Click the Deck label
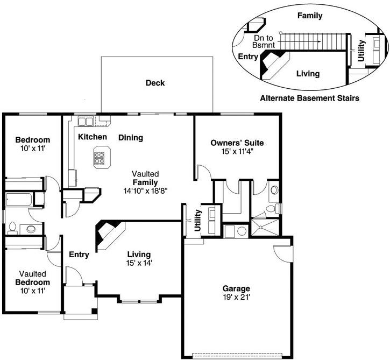(155, 83)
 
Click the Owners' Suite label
(237, 143)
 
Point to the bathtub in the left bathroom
(18, 200)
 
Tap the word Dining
(131, 137)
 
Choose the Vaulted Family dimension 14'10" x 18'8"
(146, 191)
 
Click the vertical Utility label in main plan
(198, 221)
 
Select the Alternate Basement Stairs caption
(309, 98)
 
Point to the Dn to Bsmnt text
(264, 42)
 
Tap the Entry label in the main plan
(79, 255)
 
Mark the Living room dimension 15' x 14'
(139, 263)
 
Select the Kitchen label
(93, 137)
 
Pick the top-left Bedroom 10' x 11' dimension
(32, 148)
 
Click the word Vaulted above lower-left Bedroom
(32, 273)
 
